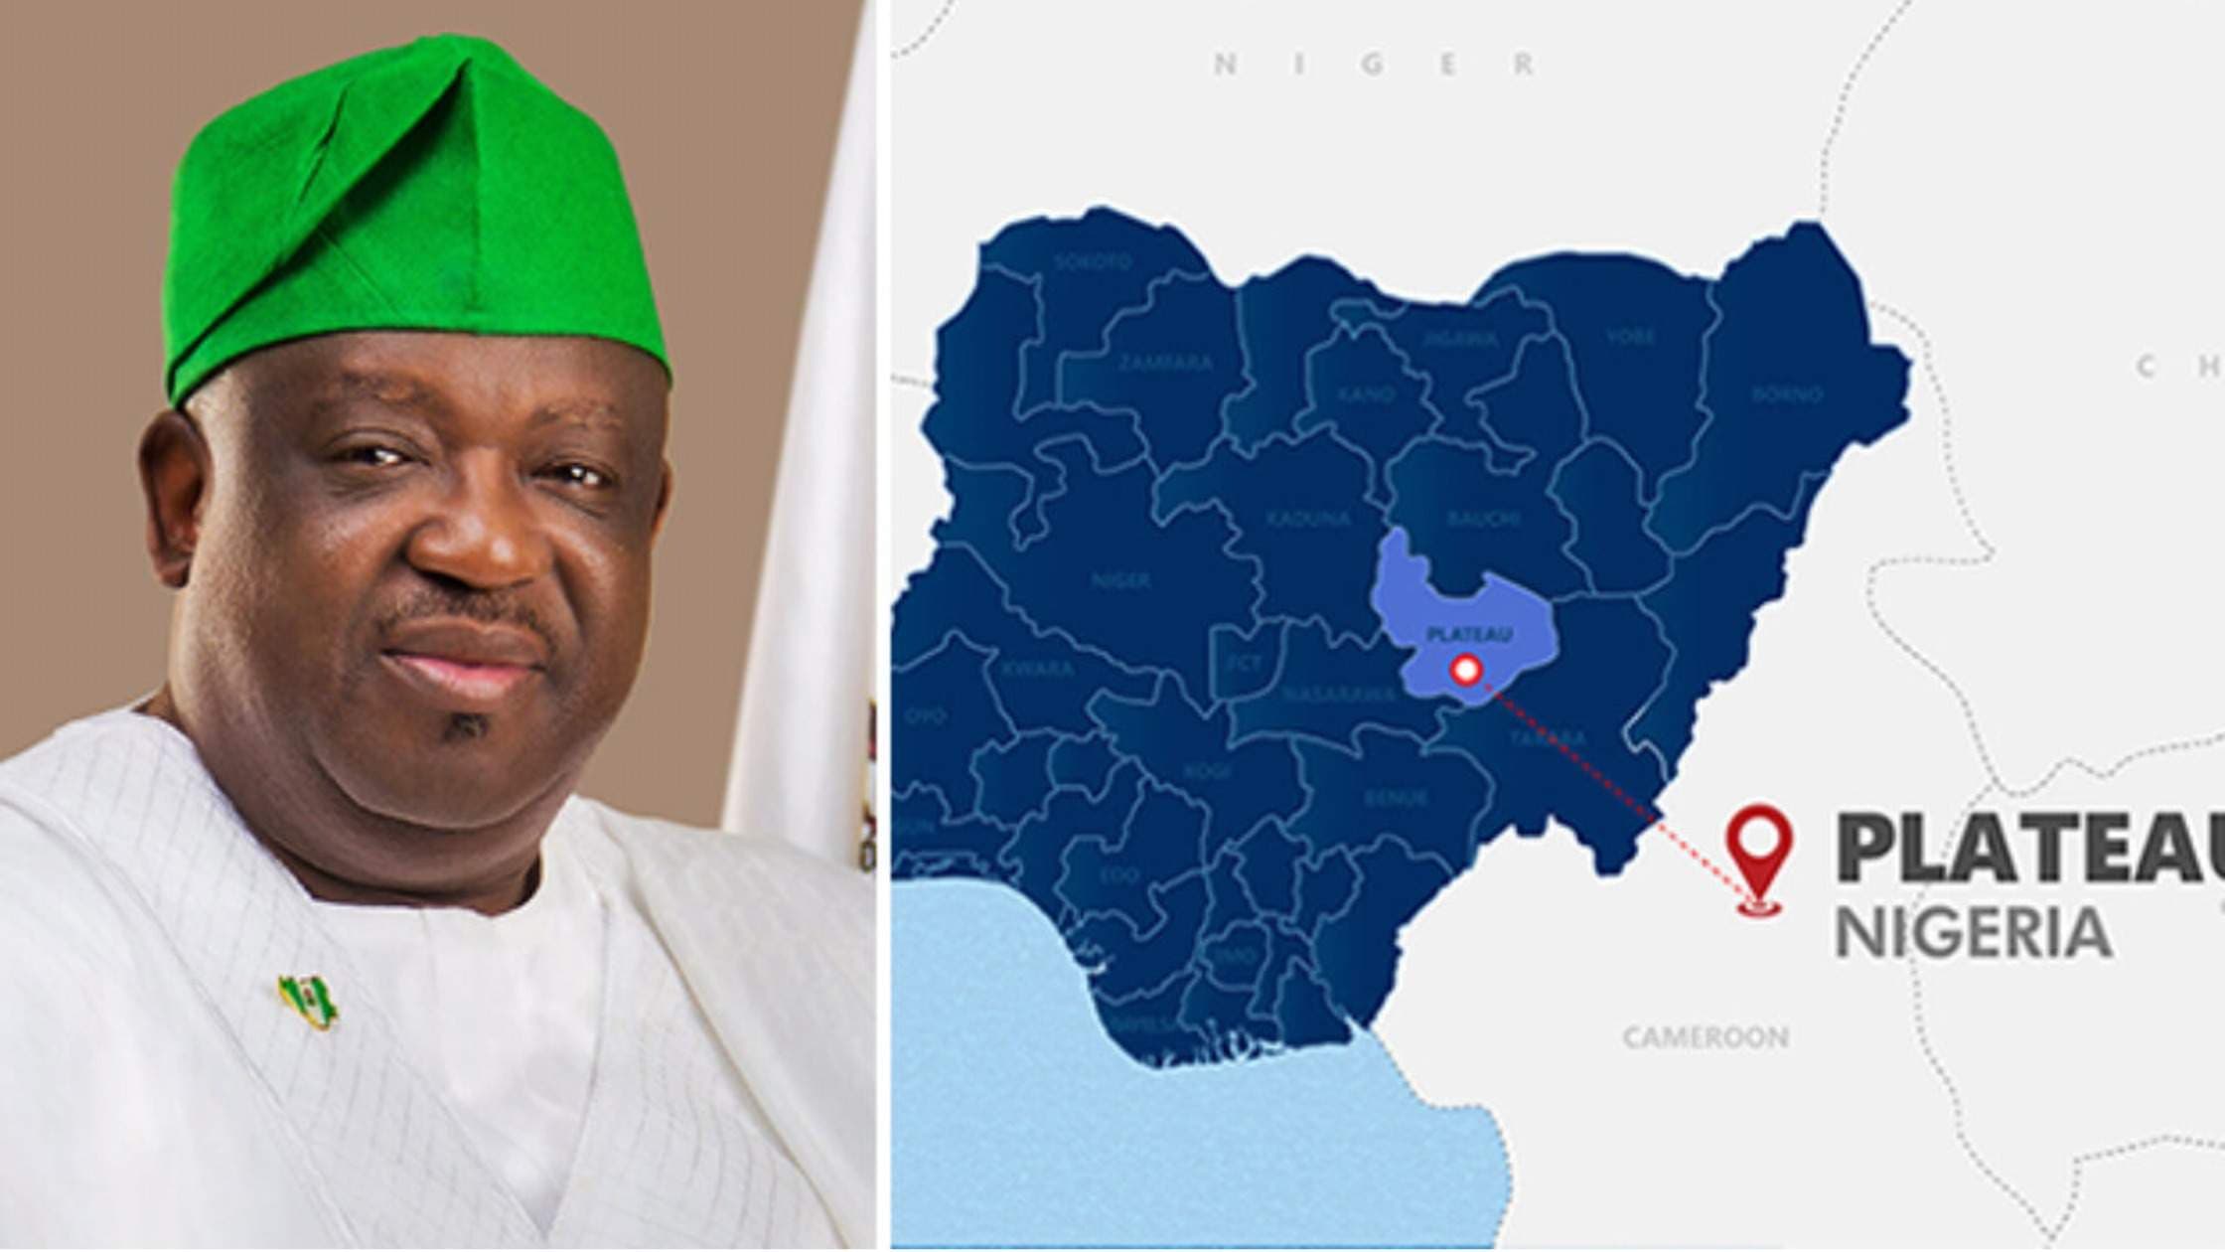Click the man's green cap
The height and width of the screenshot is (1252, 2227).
pos(417,209)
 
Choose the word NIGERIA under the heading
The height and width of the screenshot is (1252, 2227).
pos(1972,933)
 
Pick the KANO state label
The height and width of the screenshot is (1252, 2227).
pos(1366,394)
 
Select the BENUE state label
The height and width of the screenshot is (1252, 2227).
pos(1396,797)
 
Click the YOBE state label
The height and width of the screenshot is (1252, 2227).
pos(1630,337)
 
